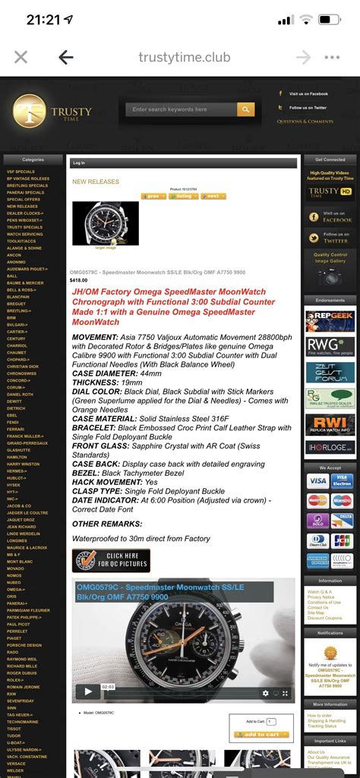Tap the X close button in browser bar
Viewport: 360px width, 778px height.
coord(21,57)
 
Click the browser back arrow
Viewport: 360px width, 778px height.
coord(66,57)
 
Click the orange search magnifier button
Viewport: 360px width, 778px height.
coord(245,109)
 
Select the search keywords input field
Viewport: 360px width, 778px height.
coord(181,109)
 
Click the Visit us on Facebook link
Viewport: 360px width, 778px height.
coord(308,93)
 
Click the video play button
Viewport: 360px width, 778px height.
coord(88,691)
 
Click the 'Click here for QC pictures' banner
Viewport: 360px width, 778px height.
coord(111,561)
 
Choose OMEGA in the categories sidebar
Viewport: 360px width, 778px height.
coord(17,589)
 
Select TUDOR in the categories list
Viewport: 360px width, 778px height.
coord(14,735)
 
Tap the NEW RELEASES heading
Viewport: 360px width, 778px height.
coord(96,182)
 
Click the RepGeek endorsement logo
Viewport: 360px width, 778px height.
coord(330,320)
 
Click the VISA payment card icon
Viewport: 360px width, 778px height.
coord(317,480)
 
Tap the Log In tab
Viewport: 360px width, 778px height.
coord(79,162)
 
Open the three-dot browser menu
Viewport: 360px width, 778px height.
coord(332,57)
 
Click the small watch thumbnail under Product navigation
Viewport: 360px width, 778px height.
coord(106,223)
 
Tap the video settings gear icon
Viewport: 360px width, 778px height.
coord(266,692)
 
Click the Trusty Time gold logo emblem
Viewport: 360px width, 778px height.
coord(30,111)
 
